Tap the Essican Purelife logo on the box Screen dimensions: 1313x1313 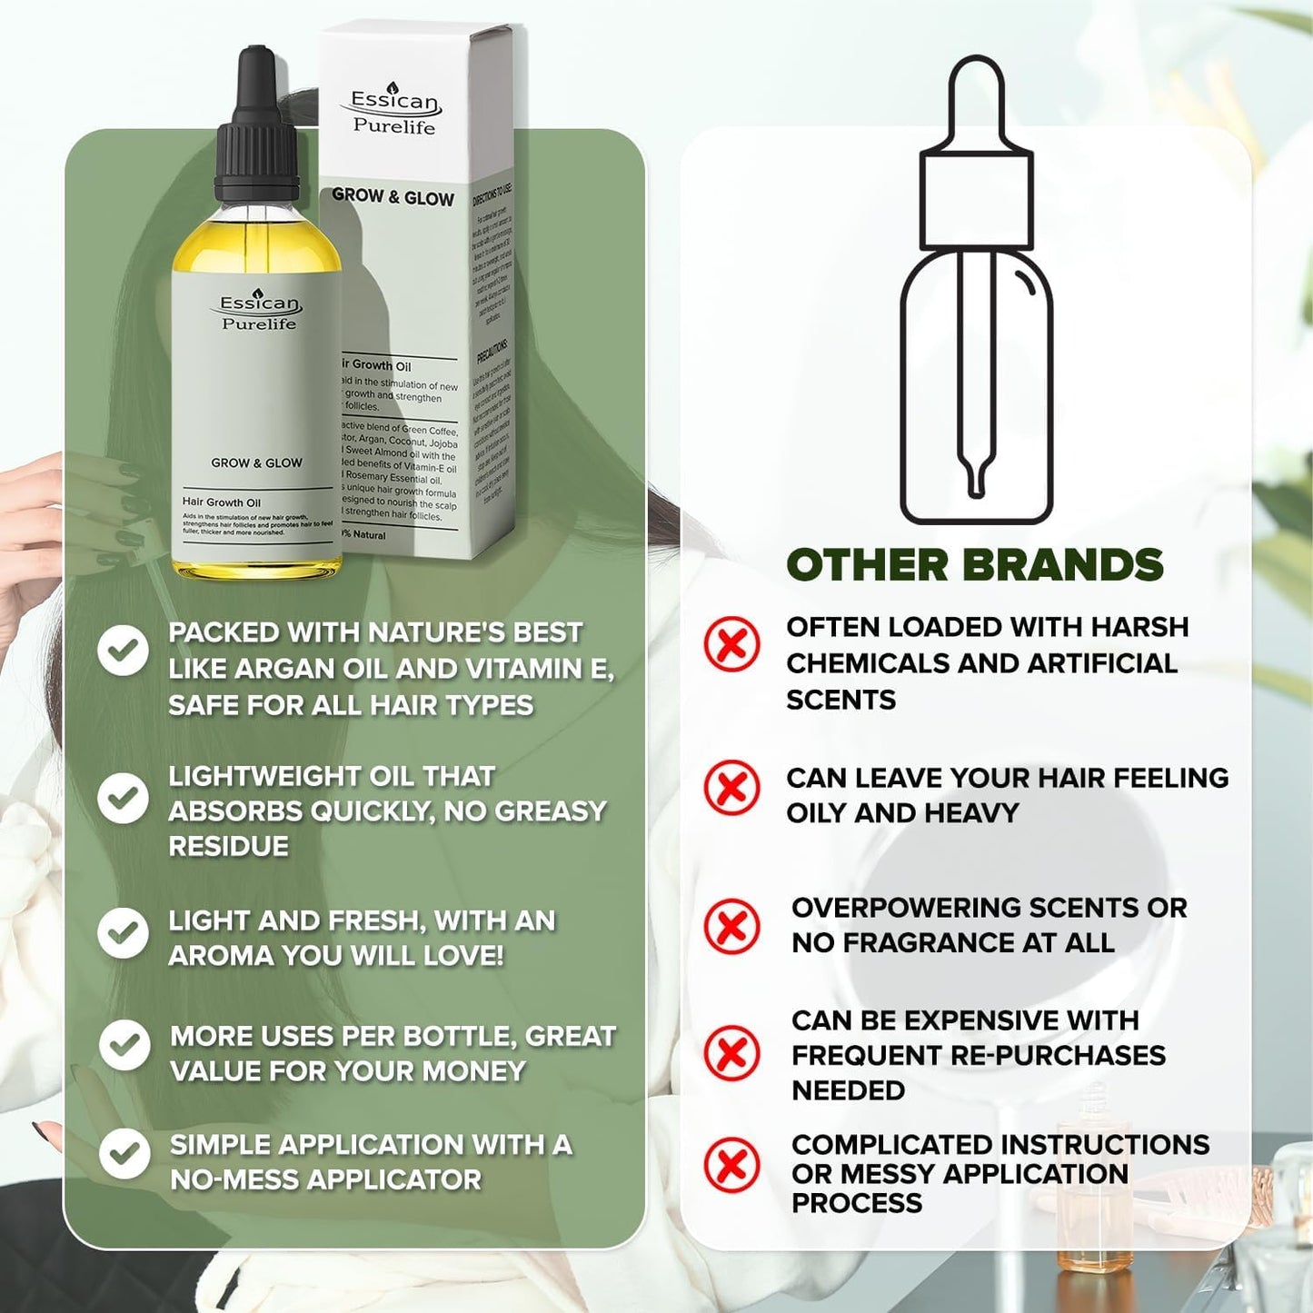[394, 112]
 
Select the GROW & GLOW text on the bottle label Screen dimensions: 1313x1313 [256, 463]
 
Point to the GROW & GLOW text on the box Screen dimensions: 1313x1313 [393, 196]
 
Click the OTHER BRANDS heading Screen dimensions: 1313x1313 [974, 565]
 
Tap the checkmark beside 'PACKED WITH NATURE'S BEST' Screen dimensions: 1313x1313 [123, 650]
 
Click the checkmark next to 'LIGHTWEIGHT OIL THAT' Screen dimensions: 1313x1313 [123, 798]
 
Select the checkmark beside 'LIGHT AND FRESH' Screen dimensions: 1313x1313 [123, 932]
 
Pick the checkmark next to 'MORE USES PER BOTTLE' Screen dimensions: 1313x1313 [124, 1045]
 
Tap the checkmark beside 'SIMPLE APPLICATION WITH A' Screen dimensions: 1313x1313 [124, 1154]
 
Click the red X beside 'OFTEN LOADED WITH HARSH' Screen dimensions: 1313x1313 [731, 644]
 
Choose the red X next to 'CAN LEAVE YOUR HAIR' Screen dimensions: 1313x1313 [731, 787]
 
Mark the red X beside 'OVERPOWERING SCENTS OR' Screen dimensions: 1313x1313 [731, 926]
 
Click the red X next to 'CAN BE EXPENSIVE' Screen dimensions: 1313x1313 [731, 1053]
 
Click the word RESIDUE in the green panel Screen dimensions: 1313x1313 [228, 846]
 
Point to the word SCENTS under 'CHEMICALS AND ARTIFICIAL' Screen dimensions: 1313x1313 [841, 700]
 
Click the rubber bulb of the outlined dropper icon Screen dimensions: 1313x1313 [976, 100]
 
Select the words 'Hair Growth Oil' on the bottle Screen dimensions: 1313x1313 [221, 502]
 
